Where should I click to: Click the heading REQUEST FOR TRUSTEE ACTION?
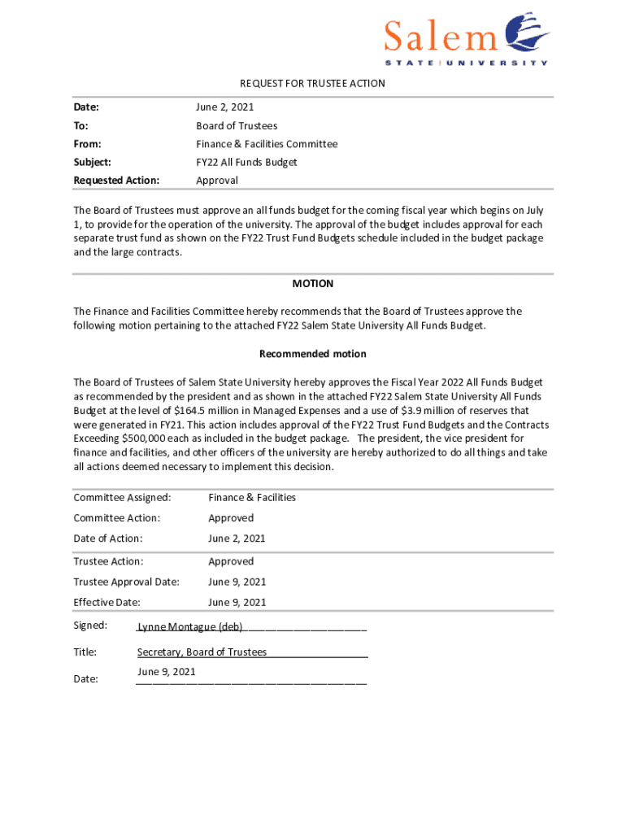pyautogui.click(x=312, y=84)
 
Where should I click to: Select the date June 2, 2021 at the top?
pyautogui.click(x=225, y=107)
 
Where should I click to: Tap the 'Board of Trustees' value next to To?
pyautogui.click(x=237, y=126)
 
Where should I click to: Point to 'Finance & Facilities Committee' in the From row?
pyautogui.click(x=267, y=144)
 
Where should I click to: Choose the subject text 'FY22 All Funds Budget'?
pyautogui.click(x=246, y=162)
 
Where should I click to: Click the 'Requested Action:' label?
pyautogui.click(x=116, y=180)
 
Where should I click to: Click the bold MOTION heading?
pyautogui.click(x=313, y=284)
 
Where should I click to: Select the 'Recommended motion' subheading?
pyautogui.click(x=313, y=354)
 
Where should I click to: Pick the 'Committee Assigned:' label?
pyautogui.click(x=122, y=497)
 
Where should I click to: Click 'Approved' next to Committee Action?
pyautogui.click(x=231, y=518)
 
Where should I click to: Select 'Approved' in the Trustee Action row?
pyautogui.click(x=231, y=561)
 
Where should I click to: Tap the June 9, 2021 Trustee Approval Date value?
pyautogui.click(x=237, y=582)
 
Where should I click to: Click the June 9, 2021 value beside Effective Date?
pyautogui.click(x=237, y=603)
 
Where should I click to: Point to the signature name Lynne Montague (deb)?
pyautogui.click(x=189, y=627)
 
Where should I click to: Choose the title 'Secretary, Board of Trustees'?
pyautogui.click(x=202, y=652)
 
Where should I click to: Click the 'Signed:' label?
pyautogui.click(x=90, y=626)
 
